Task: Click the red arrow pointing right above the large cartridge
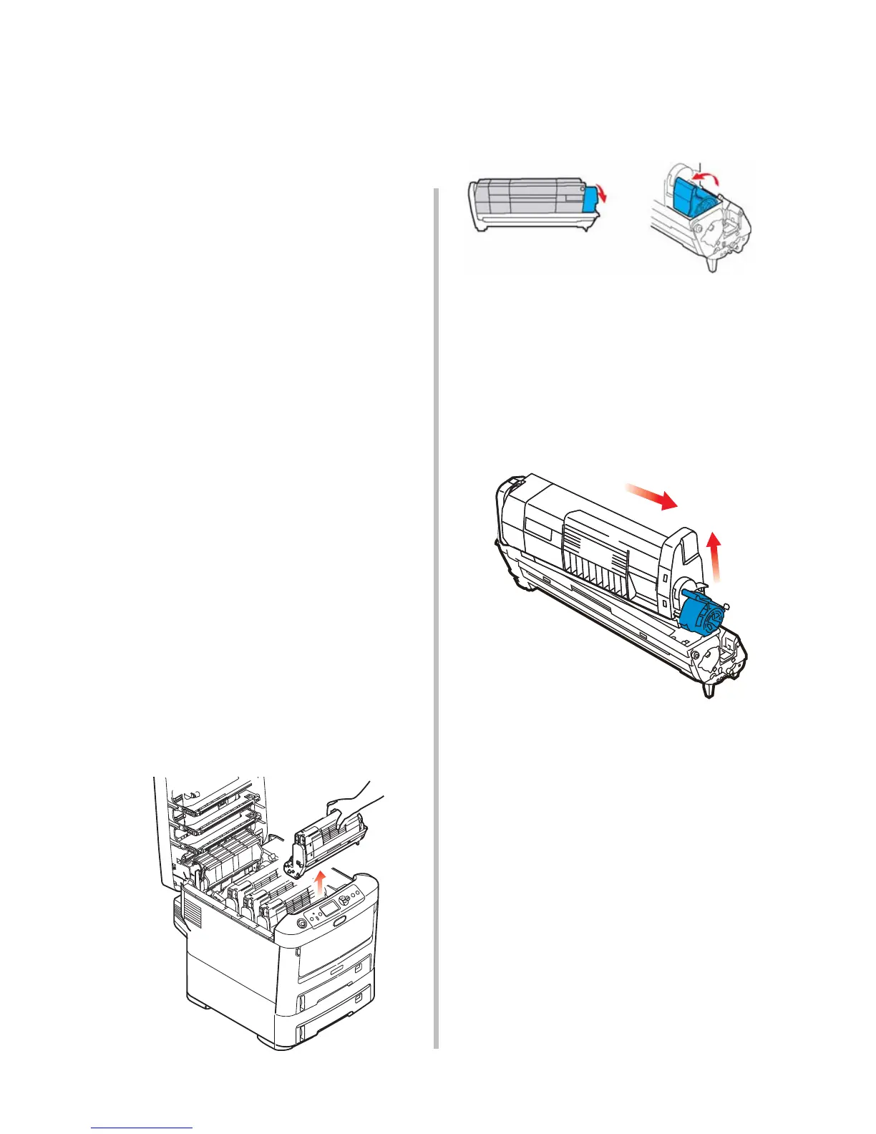click(x=651, y=496)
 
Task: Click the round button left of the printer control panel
click(x=301, y=924)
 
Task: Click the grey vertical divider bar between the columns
click(x=435, y=616)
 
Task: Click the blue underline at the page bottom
click(x=142, y=1128)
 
